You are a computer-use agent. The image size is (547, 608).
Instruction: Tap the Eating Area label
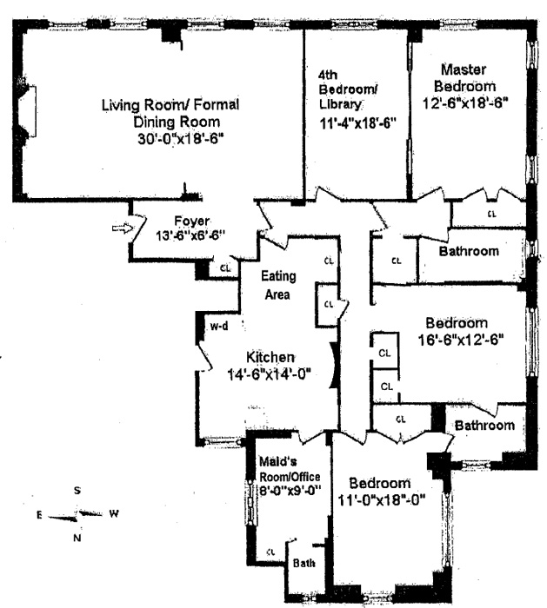pyautogui.click(x=280, y=285)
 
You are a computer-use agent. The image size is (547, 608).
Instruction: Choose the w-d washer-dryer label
pyautogui.click(x=218, y=327)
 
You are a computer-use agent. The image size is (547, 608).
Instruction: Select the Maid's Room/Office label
pyautogui.click(x=290, y=470)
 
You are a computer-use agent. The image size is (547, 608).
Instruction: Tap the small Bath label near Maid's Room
pyautogui.click(x=304, y=563)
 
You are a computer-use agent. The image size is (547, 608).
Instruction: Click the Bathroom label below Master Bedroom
pyautogui.click(x=469, y=252)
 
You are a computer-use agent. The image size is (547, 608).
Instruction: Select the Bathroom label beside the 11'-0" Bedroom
pyautogui.click(x=484, y=426)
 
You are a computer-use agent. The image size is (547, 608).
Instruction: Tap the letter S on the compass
pyautogui.click(x=77, y=491)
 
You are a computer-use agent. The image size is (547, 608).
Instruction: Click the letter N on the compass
pyautogui.click(x=77, y=539)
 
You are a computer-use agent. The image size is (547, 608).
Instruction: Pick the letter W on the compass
pyautogui.click(x=114, y=513)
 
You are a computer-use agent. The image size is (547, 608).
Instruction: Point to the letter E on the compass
pyautogui.click(x=39, y=514)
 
